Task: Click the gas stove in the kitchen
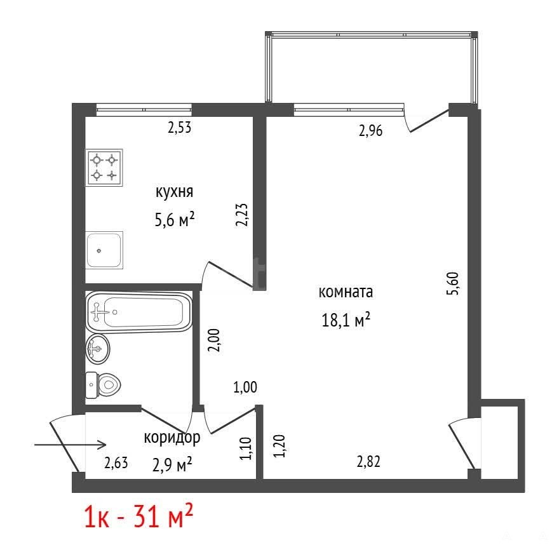104,168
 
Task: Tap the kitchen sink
104,250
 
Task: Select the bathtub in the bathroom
139,313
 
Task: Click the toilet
103,386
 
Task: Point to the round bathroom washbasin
98,349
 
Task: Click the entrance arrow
71,445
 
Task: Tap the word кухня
174,192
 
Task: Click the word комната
346,292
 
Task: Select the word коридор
172,438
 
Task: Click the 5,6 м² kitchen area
174,219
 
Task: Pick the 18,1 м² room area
346,320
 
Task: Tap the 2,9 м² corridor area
172,464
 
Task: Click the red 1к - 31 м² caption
138,516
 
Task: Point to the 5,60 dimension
453,283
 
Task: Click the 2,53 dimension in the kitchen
179,127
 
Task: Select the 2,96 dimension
370,131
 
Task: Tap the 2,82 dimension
368,462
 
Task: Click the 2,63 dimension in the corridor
116,463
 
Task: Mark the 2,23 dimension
242,215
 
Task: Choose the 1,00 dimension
245,387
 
